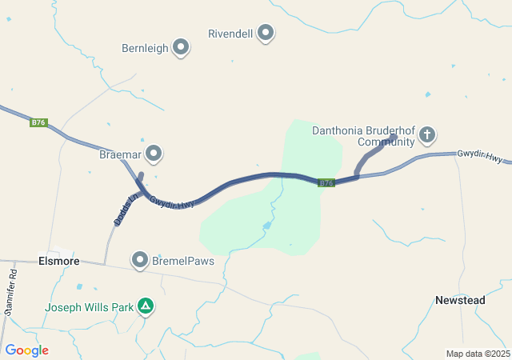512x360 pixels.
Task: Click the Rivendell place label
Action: click(230, 34)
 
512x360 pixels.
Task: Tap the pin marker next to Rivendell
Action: click(266, 34)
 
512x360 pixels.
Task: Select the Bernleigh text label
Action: click(145, 48)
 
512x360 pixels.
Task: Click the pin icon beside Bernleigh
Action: click(181, 48)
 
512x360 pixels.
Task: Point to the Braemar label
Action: click(120, 152)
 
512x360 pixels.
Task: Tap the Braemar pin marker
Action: click(154, 152)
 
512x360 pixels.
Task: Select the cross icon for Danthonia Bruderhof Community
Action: click(427, 134)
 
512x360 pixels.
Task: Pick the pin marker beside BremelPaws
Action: click(141, 260)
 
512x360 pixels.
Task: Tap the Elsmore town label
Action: click(58, 261)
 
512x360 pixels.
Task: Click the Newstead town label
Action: click(460, 300)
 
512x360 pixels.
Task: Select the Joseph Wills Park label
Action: click(90, 306)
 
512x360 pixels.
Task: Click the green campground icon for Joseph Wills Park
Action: click(146, 306)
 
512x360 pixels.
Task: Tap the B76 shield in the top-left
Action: click(38, 122)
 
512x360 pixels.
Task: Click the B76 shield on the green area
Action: click(325, 183)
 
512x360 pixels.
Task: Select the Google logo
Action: click(26, 350)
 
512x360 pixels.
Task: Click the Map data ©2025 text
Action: click(478, 354)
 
